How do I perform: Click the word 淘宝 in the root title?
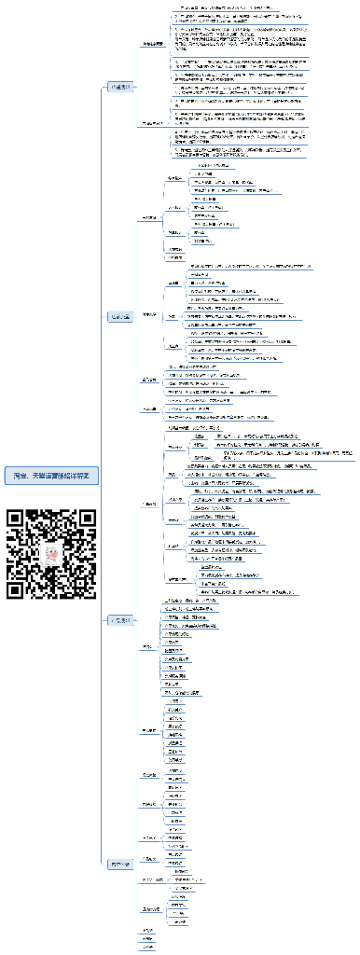(20, 476)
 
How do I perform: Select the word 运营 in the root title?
(52, 476)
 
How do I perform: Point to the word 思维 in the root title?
(65, 476)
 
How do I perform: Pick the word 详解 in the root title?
(78, 476)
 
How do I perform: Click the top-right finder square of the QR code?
(88, 519)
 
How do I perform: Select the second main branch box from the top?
(121, 316)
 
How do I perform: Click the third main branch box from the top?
(121, 619)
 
